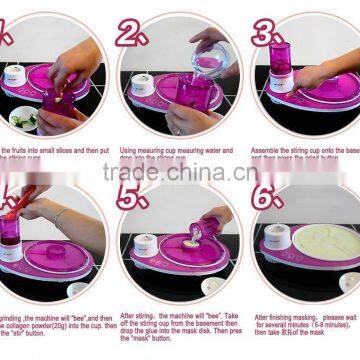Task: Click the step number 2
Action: click(x=131, y=34)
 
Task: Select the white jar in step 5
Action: click(x=147, y=246)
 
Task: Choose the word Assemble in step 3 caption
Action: click(x=270, y=150)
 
